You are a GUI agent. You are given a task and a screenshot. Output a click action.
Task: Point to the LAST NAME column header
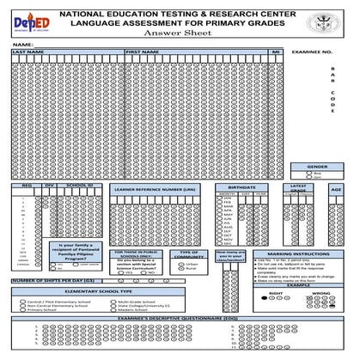pos(29,52)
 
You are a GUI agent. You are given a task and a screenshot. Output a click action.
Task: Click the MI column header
pos(276,52)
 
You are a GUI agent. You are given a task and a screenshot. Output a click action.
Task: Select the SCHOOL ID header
pos(78,185)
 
